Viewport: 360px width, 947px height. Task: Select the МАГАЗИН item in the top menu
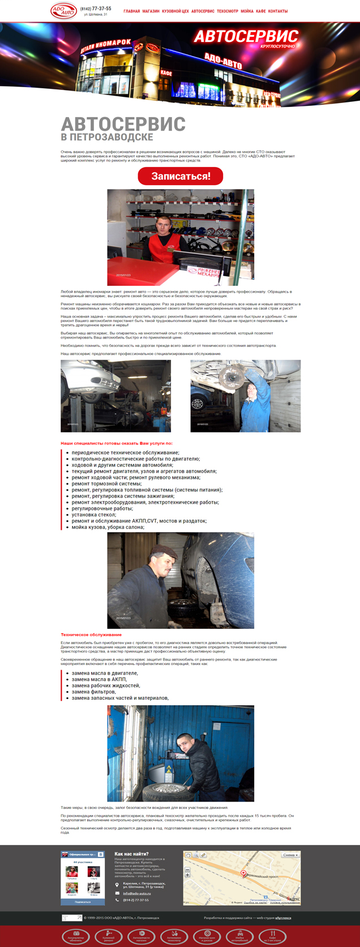coord(151,11)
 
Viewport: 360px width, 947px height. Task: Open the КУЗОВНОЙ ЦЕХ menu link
coord(175,11)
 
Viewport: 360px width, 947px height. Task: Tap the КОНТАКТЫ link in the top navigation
coord(277,11)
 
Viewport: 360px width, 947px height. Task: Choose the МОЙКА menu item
coord(247,11)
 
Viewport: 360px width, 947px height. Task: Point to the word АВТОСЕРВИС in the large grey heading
coord(123,125)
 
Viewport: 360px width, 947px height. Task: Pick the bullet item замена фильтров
coord(94,692)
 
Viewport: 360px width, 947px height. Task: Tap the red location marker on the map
coord(243,873)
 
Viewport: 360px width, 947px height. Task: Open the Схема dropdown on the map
coord(290,855)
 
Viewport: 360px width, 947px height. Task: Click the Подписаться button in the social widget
coord(83,902)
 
